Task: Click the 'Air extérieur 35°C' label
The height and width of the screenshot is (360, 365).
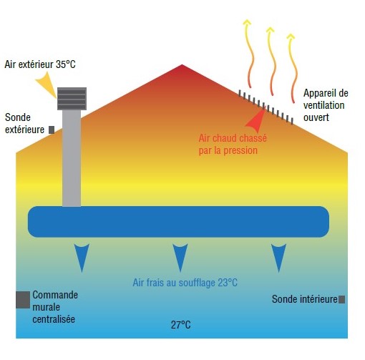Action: [40, 64]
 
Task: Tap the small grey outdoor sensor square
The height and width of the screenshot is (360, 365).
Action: [52, 130]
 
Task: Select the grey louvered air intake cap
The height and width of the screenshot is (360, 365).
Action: [72, 99]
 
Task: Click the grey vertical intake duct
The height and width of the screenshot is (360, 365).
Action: [72, 158]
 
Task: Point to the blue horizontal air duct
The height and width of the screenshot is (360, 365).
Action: [178, 222]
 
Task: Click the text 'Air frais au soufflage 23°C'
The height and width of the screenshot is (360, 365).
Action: [185, 283]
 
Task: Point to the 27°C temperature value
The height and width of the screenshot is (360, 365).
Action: [181, 325]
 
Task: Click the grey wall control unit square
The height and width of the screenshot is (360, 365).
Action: [23, 300]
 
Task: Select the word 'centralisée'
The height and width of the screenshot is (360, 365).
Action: [54, 319]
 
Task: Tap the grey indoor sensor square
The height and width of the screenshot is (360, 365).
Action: [342, 299]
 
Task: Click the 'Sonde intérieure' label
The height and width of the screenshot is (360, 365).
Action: [305, 299]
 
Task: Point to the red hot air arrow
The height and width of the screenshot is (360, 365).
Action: [256, 120]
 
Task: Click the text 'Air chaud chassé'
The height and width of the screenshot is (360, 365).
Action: [233, 138]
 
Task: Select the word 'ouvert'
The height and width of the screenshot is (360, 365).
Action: [316, 117]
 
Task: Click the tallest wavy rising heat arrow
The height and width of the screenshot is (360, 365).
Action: [248, 54]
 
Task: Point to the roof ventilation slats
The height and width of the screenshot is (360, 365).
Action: [266, 107]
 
